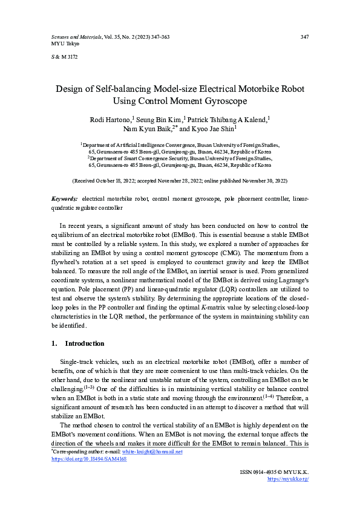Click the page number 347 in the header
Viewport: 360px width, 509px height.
pyautogui.click(x=305, y=37)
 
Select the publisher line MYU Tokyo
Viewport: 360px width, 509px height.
pyautogui.click(x=59, y=44)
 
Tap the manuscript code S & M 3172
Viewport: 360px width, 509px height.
pyautogui.click(x=62, y=57)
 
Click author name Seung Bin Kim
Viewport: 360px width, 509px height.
pyautogui.click(x=159, y=120)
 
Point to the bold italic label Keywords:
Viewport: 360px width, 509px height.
pyautogui.click(x=64, y=199)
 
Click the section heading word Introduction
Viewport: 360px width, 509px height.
pyautogui.click(x=85, y=343)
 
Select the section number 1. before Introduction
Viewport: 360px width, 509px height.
pyautogui.click(x=54, y=343)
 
